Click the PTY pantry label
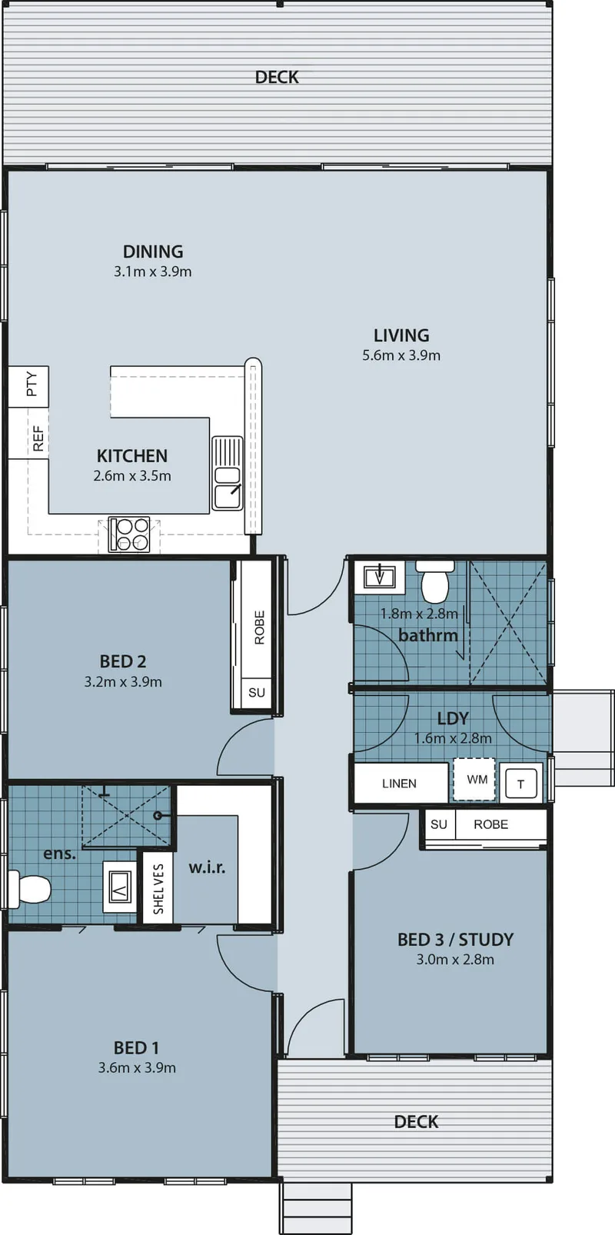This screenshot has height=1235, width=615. [32, 384]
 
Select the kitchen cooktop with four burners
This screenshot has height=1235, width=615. [129, 534]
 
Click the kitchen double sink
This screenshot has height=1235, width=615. [228, 473]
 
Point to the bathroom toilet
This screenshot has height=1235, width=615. [435, 581]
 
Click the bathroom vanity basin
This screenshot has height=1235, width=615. [380, 578]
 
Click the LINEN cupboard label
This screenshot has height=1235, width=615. [400, 784]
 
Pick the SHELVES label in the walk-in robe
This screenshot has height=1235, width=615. [158, 889]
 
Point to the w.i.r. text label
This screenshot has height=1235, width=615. [208, 868]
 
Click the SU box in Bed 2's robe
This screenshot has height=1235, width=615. [256, 693]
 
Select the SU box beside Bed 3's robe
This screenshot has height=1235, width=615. [439, 824]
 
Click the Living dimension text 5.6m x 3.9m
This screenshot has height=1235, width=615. [401, 355]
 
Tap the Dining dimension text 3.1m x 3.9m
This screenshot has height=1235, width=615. [153, 271]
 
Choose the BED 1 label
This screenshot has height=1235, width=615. [136, 1047]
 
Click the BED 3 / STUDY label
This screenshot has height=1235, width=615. [455, 940]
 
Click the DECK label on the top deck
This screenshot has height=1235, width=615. [277, 77]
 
